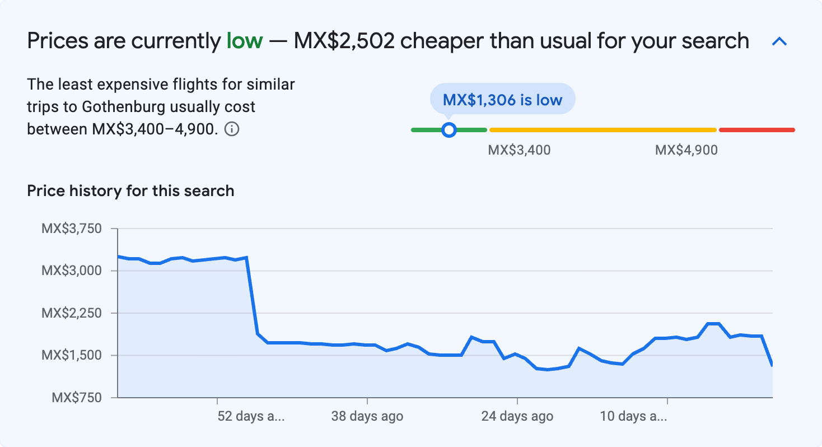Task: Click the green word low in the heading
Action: pyautogui.click(x=244, y=41)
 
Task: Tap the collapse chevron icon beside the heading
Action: pyautogui.click(x=779, y=41)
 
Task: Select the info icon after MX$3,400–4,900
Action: pyautogui.click(x=232, y=129)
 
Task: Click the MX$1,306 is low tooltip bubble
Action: pyautogui.click(x=502, y=99)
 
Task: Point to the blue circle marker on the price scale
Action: pyautogui.click(x=449, y=130)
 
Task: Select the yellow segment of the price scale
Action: pyautogui.click(x=603, y=130)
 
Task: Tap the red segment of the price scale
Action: pyautogui.click(x=756, y=130)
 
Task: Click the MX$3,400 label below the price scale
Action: pyautogui.click(x=519, y=150)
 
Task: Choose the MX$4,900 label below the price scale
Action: pyautogui.click(x=686, y=150)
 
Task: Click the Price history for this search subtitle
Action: pyautogui.click(x=130, y=191)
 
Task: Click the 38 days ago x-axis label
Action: pyautogui.click(x=367, y=416)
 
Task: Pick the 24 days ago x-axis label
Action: pyautogui.click(x=517, y=416)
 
